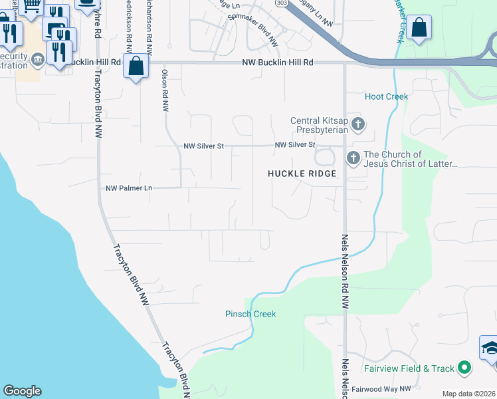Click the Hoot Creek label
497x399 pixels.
[x=386, y=96]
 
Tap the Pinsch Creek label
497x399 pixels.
[x=250, y=314]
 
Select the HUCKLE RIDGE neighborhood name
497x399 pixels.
[x=302, y=174]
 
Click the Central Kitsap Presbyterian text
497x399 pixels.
[x=319, y=125]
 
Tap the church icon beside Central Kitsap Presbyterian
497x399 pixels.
[x=358, y=124]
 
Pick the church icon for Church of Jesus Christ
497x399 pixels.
[x=353, y=158]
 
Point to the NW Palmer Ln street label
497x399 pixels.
[x=129, y=188]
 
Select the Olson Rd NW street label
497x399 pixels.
[x=164, y=90]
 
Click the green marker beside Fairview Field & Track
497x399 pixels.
[x=465, y=368]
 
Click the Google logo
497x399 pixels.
[x=22, y=391]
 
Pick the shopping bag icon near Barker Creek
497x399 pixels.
[x=419, y=29]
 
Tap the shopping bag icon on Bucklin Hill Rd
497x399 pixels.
[x=136, y=66]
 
